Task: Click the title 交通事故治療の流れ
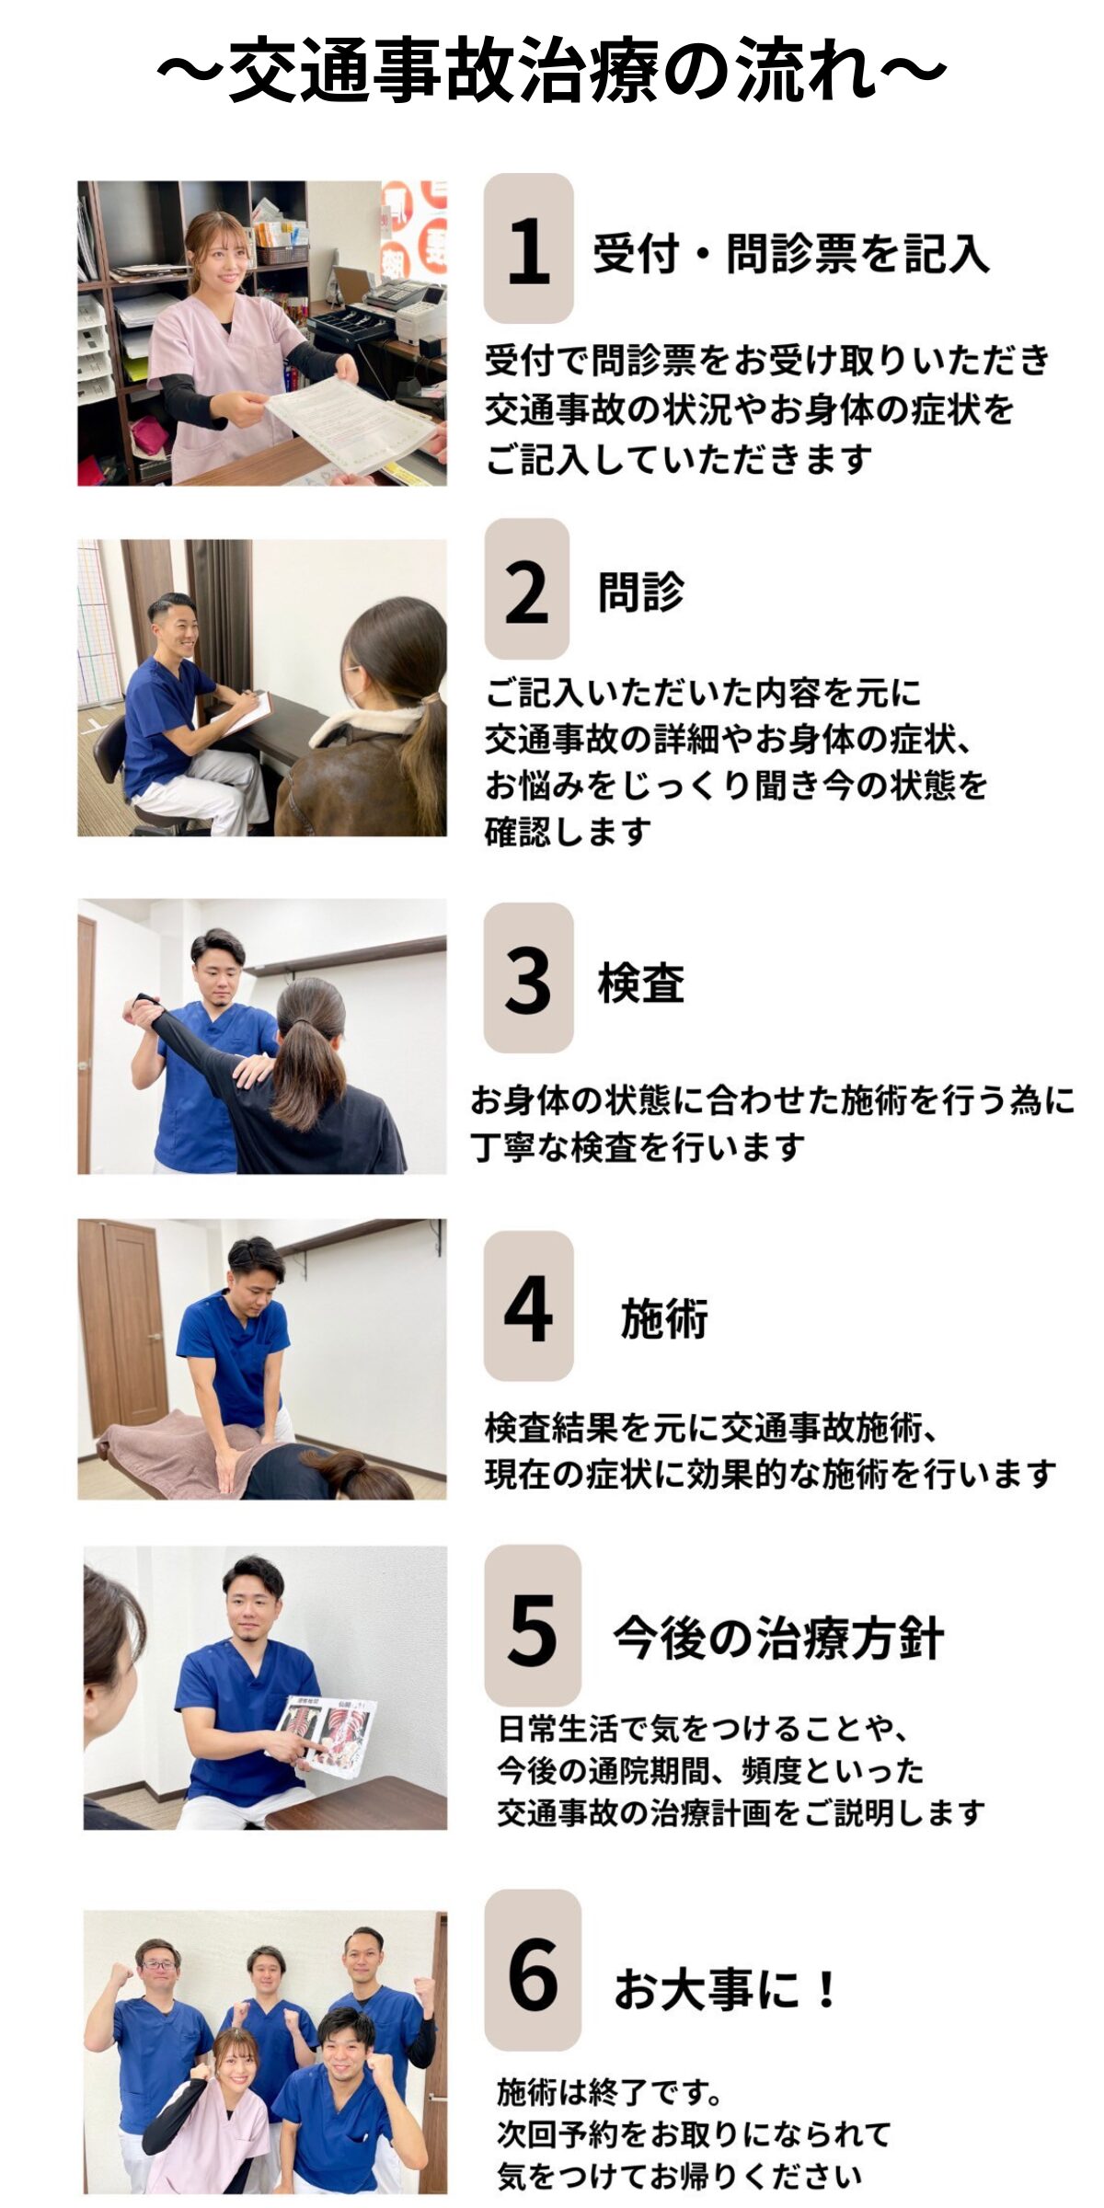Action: point(552,70)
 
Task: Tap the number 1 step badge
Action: point(528,248)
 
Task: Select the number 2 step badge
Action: point(527,589)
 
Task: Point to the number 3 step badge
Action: point(528,978)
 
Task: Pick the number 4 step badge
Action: point(528,1306)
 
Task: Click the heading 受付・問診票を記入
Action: point(791,254)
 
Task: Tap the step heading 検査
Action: point(641,983)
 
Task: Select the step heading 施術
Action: point(664,1318)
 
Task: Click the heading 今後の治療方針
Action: point(778,1639)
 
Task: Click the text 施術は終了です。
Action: point(610,2093)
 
